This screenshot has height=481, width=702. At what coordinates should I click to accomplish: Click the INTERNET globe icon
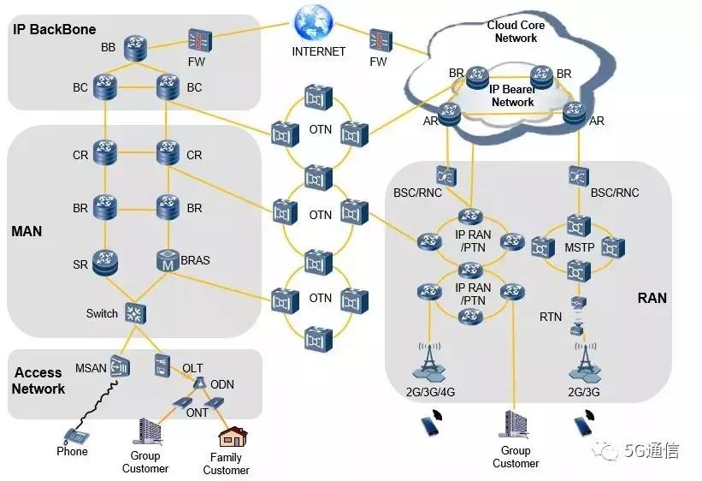312,22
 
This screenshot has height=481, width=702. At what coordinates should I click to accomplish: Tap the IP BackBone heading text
52,28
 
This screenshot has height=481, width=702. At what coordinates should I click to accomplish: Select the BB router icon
134,47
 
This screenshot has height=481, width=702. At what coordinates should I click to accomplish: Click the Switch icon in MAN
134,312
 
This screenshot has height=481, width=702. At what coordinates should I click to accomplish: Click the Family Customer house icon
230,437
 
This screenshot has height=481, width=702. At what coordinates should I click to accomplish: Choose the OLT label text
192,368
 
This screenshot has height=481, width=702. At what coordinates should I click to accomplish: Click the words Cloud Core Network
516,32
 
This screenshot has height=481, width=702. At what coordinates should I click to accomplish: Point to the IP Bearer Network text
512,95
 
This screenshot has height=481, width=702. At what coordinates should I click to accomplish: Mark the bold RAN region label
652,298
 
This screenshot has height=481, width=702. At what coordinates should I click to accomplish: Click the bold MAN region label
27,231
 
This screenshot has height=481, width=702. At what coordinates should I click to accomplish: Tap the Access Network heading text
38,380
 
